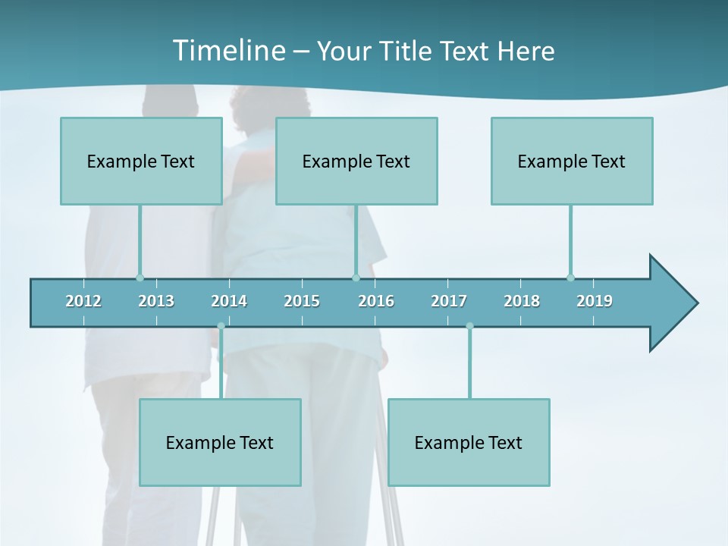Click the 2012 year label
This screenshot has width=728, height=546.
tap(83, 301)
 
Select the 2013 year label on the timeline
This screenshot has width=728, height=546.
tap(156, 301)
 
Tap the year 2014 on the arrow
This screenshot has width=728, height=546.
tap(229, 301)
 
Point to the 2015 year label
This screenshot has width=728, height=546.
tap(302, 301)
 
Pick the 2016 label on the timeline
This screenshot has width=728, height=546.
tap(376, 301)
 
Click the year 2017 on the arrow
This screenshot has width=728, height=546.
tap(449, 301)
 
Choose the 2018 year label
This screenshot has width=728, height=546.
tap(522, 301)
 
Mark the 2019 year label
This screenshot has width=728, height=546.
tap(595, 301)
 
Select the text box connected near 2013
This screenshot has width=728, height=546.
tap(141, 161)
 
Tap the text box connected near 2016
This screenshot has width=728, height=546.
tap(356, 161)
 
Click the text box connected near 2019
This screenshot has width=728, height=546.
tap(572, 161)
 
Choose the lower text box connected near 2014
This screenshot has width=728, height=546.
tap(220, 442)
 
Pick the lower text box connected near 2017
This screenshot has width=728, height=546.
tap(469, 442)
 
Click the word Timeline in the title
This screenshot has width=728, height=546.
tap(227, 51)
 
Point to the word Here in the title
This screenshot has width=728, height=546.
tap(526, 52)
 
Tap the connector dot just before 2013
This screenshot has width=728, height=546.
tap(140, 278)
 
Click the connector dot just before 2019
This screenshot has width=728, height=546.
tap(570, 278)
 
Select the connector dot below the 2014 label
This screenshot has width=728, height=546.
tap(221, 326)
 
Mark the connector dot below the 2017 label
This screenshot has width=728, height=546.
tap(469, 326)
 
